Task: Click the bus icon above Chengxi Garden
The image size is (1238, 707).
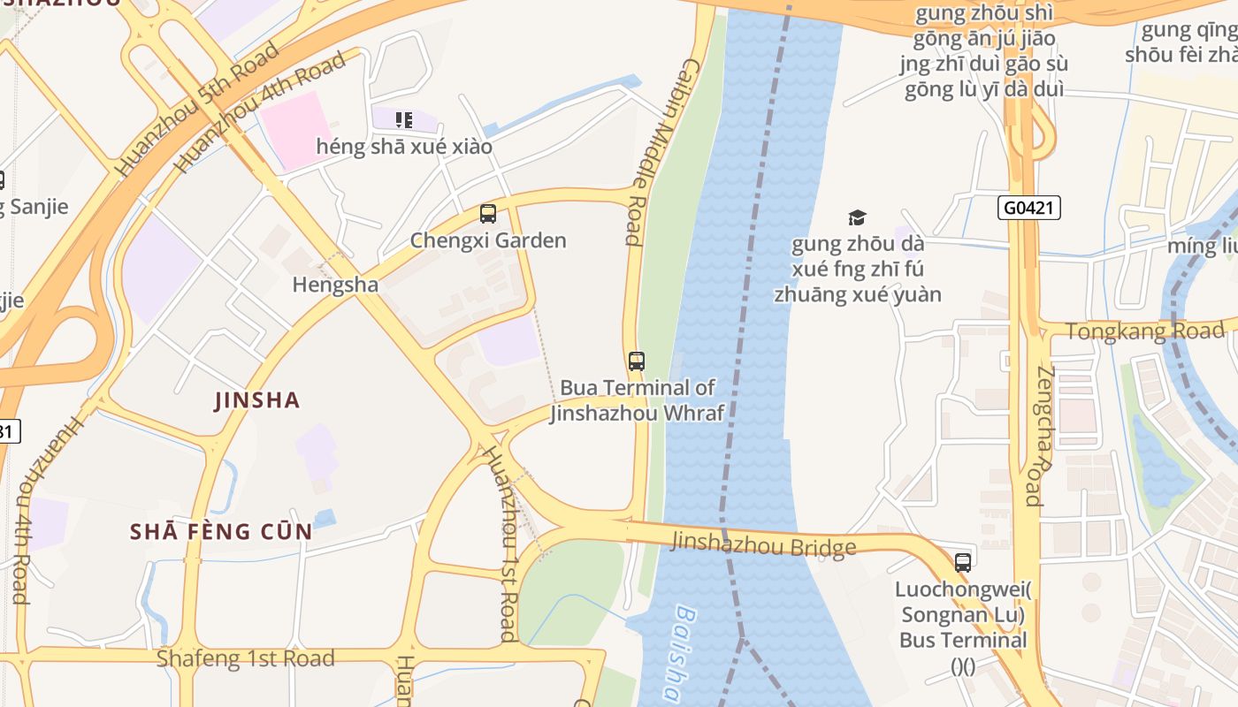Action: [x=487, y=213]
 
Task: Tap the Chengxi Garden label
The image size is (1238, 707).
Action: [x=488, y=240]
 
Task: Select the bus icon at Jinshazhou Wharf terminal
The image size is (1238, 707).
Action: [x=637, y=361]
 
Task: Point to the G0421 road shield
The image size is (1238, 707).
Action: [x=1029, y=208]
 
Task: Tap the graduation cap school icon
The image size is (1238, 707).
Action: [x=857, y=217]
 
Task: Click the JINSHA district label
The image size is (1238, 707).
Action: [x=257, y=400]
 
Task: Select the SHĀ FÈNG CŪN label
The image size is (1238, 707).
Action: [x=221, y=531]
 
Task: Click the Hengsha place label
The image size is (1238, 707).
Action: [x=335, y=285]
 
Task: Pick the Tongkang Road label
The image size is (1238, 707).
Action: [x=1145, y=331]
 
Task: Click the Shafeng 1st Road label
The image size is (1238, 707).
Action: [x=245, y=658]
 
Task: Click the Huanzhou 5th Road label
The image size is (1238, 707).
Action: [x=196, y=110]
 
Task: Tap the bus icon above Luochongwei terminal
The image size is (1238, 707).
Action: [x=962, y=562]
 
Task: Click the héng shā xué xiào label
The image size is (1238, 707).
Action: [x=404, y=146]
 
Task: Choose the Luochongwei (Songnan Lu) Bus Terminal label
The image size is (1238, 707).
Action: [x=962, y=627]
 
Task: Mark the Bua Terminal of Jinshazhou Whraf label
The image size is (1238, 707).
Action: [x=637, y=400]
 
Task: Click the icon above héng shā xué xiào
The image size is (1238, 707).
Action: [x=404, y=119]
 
